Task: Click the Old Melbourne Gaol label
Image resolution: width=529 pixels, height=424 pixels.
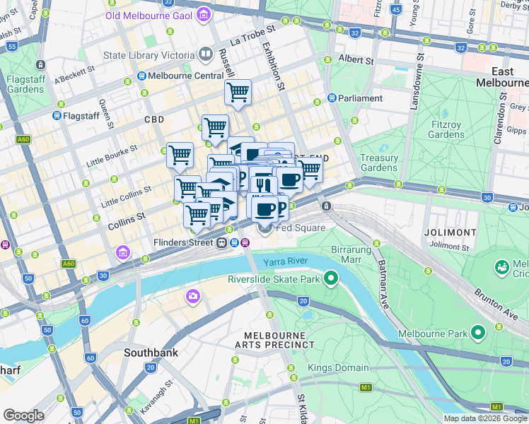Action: (150, 14)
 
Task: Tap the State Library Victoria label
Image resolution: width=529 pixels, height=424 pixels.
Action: (149, 55)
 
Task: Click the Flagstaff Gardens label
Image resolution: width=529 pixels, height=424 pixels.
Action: (26, 85)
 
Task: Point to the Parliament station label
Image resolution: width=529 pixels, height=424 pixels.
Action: (360, 98)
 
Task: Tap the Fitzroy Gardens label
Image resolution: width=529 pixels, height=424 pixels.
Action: (447, 129)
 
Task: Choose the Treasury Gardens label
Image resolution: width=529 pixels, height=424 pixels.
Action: (379, 163)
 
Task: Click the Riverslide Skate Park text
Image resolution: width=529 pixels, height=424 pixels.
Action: (274, 279)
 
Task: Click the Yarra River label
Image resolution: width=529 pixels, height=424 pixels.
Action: (286, 262)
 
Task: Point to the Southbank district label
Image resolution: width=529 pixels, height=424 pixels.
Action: (151, 352)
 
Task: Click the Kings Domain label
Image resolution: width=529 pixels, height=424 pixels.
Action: (338, 367)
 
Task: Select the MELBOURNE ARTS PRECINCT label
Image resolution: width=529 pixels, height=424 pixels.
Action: (279, 339)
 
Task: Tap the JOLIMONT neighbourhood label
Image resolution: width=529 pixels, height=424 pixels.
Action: (450, 232)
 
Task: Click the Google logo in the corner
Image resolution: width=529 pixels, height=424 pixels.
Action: (23, 416)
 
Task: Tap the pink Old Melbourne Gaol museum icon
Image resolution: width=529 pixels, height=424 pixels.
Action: (204, 13)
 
